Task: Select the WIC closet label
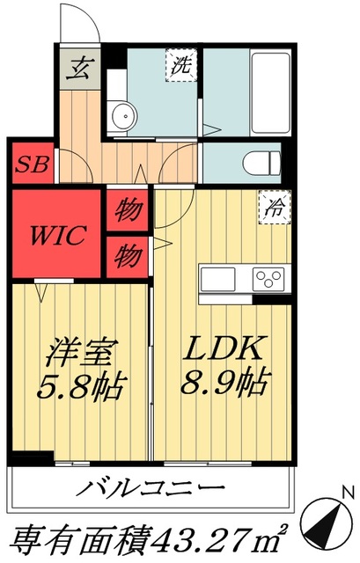click(x=57, y=235)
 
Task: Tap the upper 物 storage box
click(x=129, y=212)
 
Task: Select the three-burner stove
click(x=267, y=281)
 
